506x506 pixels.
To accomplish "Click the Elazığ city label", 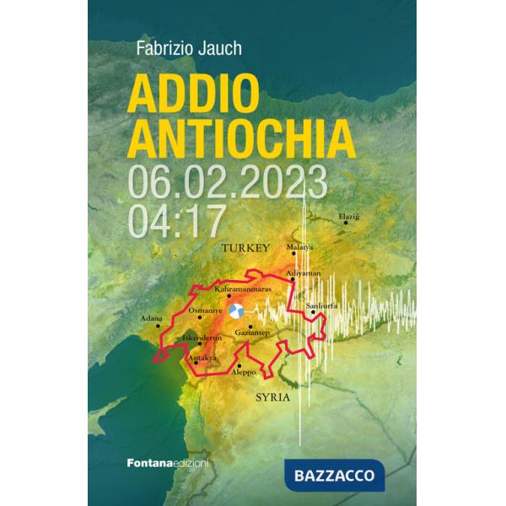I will pos(349,217).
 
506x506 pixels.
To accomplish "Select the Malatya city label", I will pos(300,246).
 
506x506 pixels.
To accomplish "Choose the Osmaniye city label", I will pos(204,310).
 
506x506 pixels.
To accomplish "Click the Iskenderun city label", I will pos(202,337).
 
